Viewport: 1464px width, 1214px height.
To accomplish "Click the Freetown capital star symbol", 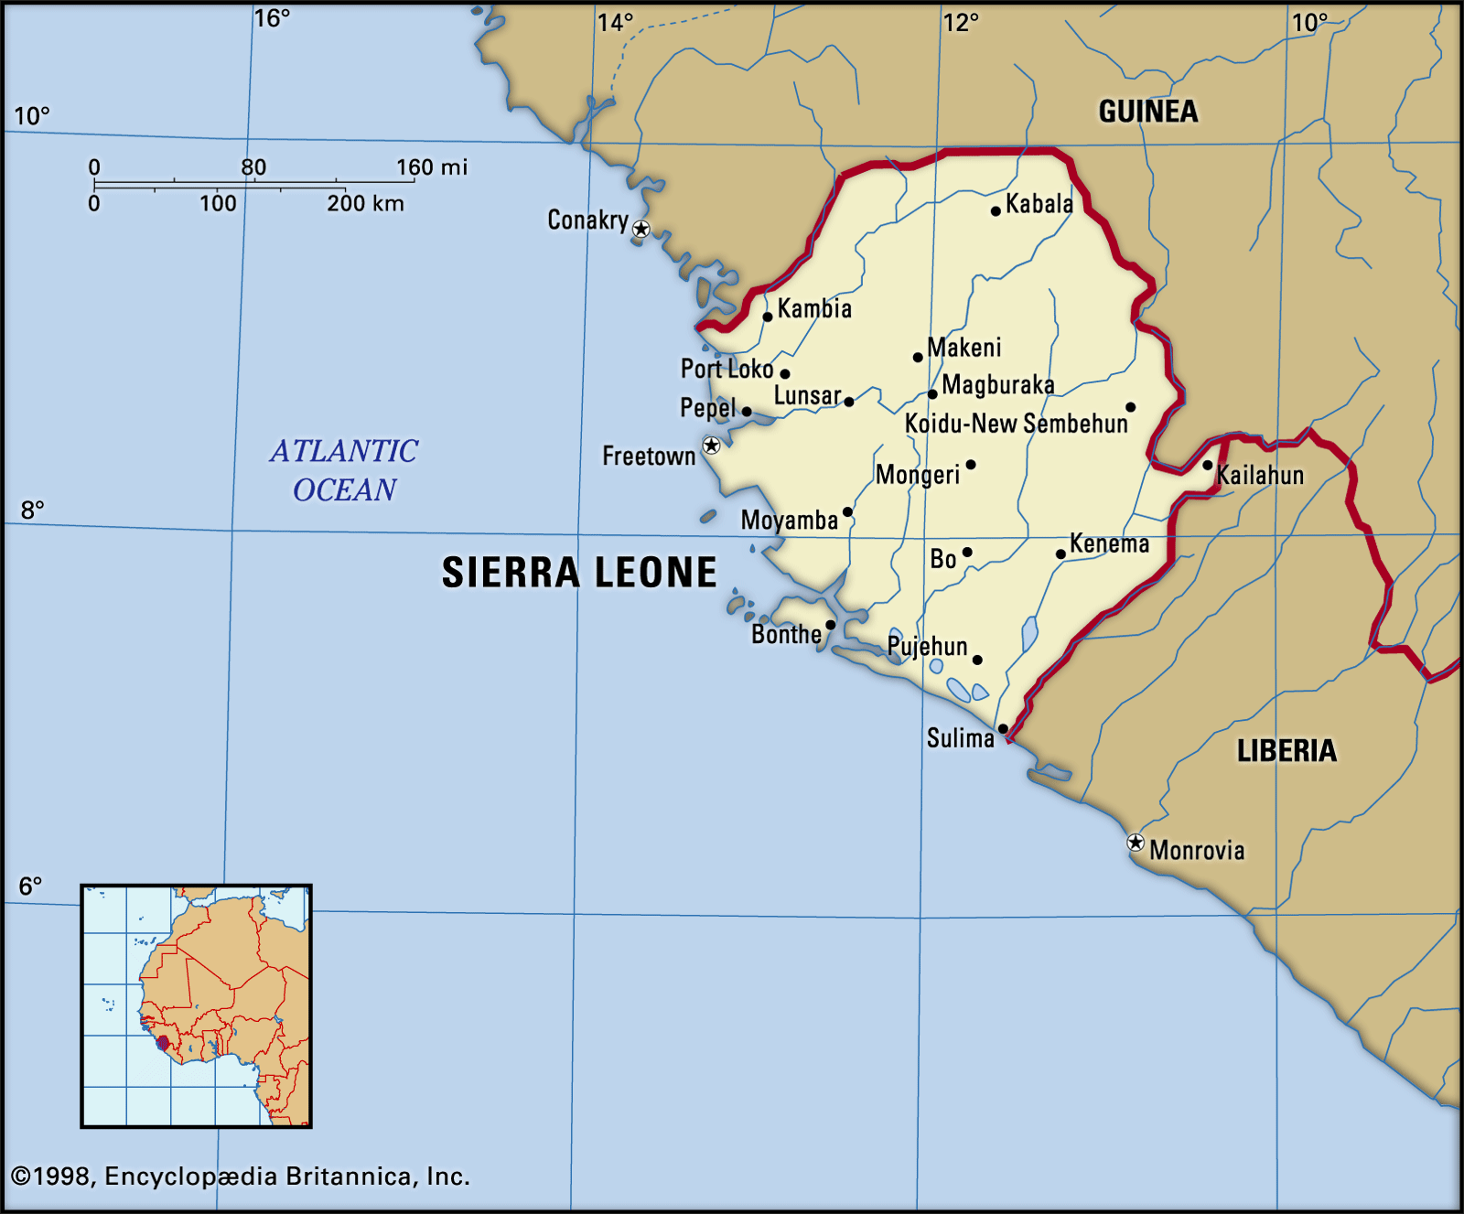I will click(711, 446).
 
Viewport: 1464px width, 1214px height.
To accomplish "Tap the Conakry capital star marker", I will click(641, 229).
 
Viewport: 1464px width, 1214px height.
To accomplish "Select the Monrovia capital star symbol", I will click(1136, 843).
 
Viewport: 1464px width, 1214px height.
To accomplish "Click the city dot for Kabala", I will click(996, 211).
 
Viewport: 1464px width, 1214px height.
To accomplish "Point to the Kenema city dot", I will click(1060, 553).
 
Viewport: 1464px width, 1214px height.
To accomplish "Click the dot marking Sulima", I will click(1003, 729).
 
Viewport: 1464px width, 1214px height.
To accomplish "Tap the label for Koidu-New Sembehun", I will click(1016, 424).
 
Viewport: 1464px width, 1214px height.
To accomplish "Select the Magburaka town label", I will click(997, 385).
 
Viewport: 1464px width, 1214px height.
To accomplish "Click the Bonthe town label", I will click(786, 634).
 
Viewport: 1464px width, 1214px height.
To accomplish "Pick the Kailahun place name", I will click(1260, 475).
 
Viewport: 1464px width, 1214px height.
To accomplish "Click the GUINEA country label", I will click(1148, 112).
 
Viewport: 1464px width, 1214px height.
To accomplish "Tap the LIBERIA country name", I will click(1286, 751).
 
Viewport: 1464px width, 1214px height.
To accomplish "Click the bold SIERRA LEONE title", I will click(579, 573).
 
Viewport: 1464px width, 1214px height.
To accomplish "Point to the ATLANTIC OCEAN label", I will click(344, 470).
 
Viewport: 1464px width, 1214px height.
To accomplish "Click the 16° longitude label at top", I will click(272, 18).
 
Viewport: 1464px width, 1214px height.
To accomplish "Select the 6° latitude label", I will click(31, 886).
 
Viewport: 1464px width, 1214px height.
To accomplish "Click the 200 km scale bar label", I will click(365, 203).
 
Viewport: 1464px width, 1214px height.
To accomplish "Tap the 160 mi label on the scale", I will click(431, 167).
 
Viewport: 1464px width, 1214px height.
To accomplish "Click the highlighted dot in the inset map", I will click(163, 1043).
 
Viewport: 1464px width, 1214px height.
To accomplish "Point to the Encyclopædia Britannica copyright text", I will click(240, 1176).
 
